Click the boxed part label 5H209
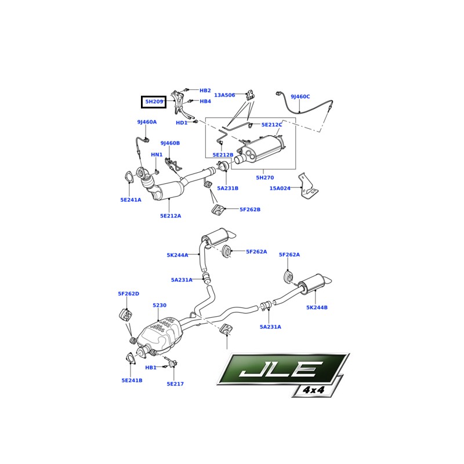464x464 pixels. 154,102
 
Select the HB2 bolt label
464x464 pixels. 205,90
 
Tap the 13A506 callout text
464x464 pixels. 224,95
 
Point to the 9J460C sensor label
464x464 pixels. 300,96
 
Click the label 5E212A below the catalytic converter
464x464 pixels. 171,216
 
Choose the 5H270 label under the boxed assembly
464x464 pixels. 265,177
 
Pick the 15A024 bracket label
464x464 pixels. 280,188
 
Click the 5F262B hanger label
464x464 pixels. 250,209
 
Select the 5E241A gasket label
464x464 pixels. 131,200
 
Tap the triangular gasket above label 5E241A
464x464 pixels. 129,177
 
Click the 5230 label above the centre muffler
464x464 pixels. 159,305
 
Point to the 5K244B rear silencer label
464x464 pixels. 317,307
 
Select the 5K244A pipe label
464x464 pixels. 177,255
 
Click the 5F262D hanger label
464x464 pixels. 128,294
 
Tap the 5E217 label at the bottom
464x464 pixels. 175,384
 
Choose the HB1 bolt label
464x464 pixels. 151,368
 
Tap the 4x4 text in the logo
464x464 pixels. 314,390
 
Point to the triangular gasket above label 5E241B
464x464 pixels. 129,358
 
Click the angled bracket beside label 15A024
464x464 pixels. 308,186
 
